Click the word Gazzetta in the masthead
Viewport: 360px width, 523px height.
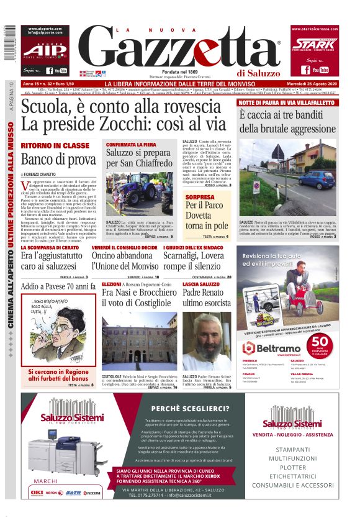(180, 49)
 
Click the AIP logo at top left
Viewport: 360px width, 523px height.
(43, 50)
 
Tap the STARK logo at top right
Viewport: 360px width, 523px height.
(314, 44)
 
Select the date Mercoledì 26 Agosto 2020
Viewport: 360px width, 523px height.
(316, 84)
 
